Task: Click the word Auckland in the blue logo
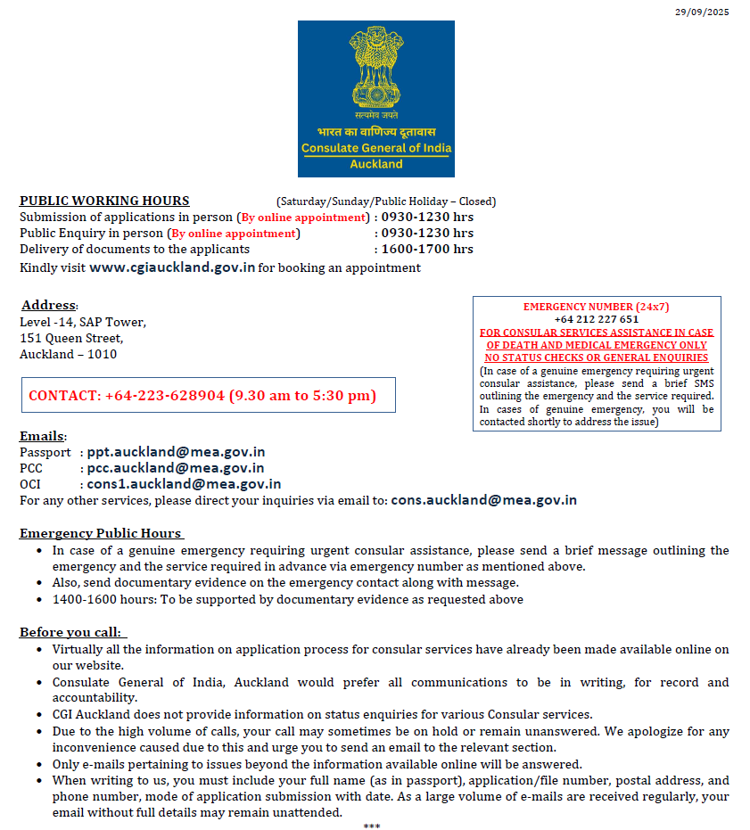click(375, 164)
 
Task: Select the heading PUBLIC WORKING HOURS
click(104, 201)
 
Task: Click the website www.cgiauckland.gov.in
click(172, 267)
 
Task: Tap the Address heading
click(50, 306)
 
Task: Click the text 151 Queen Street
click(71, 338)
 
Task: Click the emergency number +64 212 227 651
click(596, 319)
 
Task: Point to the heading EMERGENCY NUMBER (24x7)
click(596, 307)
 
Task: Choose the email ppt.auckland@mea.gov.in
click(176, 452)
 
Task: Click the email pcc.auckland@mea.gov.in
click(176, 468)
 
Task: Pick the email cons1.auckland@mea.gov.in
click(184, 484)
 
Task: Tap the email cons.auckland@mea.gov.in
click(483, 500)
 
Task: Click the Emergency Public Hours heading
click(101, 533)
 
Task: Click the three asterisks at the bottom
click(372, 826)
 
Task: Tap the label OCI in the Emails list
click(31, 484)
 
